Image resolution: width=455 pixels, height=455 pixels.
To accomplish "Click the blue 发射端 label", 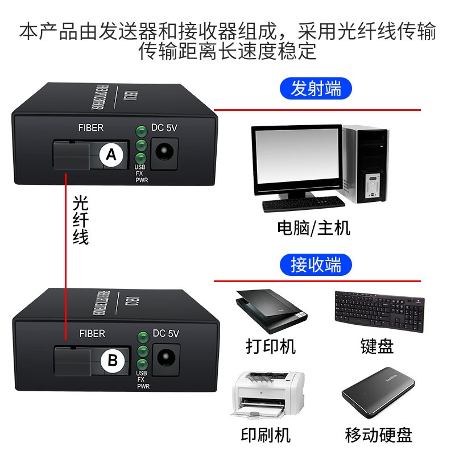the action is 316,89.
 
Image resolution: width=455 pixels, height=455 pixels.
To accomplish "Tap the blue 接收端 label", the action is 316,264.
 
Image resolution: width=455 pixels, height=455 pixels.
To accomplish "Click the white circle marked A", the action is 111,154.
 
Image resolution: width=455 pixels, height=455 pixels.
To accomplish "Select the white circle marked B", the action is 113,360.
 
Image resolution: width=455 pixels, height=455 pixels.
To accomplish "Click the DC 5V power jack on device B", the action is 166,358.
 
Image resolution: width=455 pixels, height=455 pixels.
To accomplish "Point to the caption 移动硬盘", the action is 379,435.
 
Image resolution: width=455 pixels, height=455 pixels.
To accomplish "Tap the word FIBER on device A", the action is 91,128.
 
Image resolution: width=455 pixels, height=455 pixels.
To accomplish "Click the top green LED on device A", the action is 141,131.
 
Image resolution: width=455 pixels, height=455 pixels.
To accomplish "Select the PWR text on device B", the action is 143,386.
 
